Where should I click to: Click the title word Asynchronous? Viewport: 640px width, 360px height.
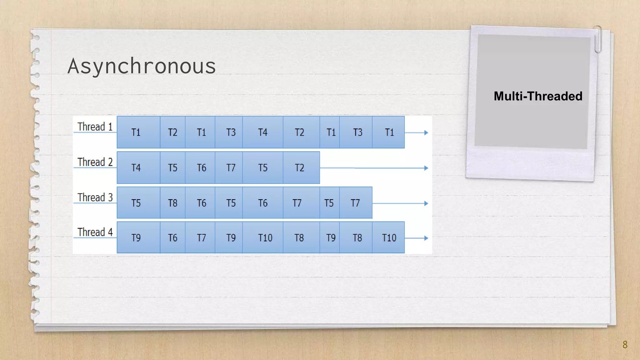(142, 66)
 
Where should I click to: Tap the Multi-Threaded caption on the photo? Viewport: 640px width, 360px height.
(538, 96)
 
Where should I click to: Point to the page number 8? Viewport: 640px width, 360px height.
(625, 344)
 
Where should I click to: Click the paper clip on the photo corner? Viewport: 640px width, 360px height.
(597, 39)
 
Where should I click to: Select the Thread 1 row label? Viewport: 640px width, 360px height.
(95, 127)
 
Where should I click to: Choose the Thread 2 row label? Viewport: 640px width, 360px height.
(95, 162)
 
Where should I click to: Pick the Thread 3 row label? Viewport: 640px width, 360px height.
(95, 197)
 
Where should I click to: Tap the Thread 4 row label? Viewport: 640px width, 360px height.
(95, 232)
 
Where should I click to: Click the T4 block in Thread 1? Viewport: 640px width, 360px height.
(262, 132)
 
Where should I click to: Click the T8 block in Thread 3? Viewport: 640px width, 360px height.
(172, 203)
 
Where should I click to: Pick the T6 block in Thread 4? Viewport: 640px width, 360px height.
(172, 238)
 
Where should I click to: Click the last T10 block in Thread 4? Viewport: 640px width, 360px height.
(388, 238)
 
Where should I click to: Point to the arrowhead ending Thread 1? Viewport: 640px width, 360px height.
(426, 132)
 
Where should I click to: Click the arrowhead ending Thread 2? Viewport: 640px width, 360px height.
(426, 168)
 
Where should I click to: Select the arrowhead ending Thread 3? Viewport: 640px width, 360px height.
(426, 203)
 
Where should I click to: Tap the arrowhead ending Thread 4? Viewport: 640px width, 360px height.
(426, 238)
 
